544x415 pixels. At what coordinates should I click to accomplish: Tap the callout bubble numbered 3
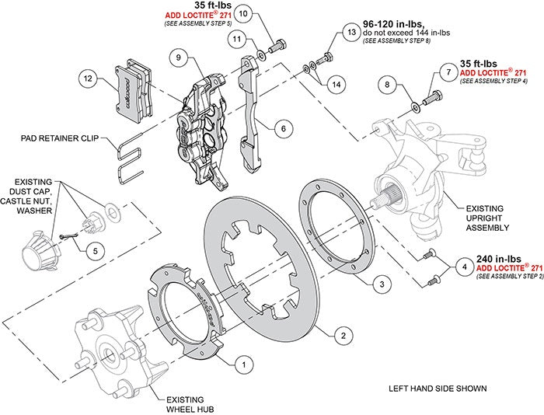tap(379, 284)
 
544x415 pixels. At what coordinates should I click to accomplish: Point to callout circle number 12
tap(87, 78)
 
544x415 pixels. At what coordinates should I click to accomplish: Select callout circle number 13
tap(350, 33)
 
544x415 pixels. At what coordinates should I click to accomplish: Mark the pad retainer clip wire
tap(129, 155)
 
